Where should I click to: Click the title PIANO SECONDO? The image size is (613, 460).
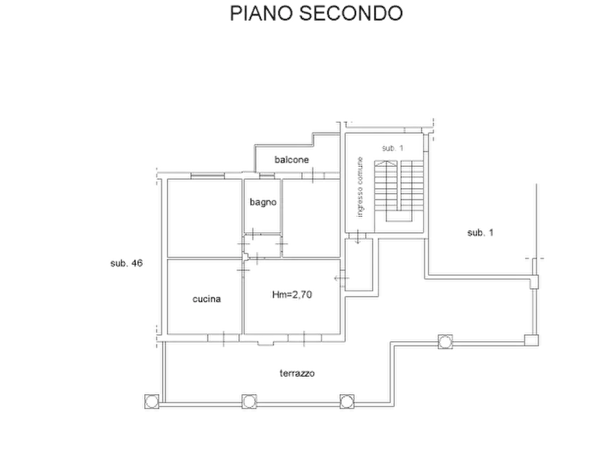(316, 13)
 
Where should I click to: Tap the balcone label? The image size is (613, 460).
(292, 159)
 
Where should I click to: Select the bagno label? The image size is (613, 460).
(263, 203)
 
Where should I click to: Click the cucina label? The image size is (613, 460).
(207, 299)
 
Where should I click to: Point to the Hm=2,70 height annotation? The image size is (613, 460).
(292, 294)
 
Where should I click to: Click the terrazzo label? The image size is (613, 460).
(297, 373)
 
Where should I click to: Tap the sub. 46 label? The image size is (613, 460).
(127, 263)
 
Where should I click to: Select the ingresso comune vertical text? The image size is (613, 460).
(360, 187)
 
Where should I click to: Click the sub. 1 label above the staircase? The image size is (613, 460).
(393, 148)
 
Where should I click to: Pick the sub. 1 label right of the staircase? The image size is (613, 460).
(481, 233)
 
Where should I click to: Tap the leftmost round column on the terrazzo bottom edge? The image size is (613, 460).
(152, 402)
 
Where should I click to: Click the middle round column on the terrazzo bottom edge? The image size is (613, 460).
(249, 402)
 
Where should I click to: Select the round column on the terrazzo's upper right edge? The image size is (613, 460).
(445, 341)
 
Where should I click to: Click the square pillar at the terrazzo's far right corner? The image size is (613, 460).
(531, 340)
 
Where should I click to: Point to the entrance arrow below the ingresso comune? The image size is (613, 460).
(358, 237)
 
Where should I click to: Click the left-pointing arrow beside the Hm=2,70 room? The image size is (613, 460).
(341, 278)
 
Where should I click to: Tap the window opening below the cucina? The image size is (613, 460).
(224, 338)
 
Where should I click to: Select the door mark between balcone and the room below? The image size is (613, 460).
(313, 175)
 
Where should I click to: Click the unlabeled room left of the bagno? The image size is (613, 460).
(205, 218)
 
